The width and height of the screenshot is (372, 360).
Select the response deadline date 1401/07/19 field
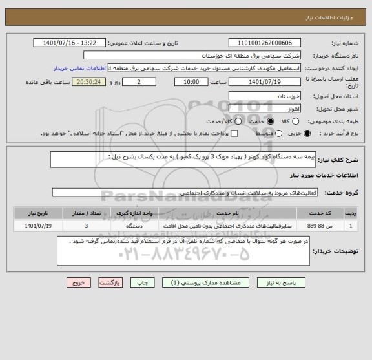265,83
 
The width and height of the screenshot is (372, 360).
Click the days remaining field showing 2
139,83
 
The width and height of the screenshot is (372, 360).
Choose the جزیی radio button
307,134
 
